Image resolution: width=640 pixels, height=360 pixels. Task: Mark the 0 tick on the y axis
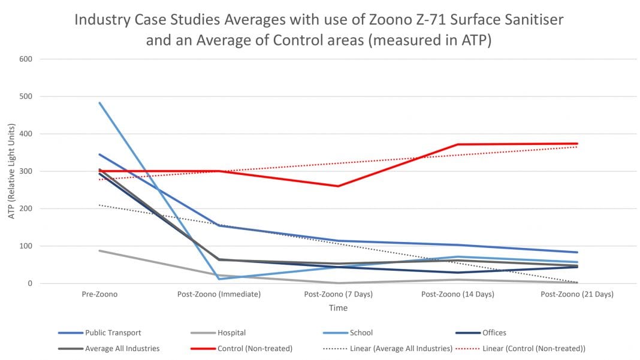pyautogui.click(x=29, y=283)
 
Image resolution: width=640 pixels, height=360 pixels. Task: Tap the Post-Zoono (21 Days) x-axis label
pyautogui.click(x=577, y=295)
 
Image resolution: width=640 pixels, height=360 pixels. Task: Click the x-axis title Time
pyautogui.click(x=337, y=308)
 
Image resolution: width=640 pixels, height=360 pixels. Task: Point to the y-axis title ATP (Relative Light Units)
pyautogui.click(x=12, y=172)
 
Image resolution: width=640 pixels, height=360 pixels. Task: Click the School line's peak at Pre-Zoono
pyautogui.click(x=99, y=102)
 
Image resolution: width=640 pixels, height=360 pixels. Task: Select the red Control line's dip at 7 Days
pyautogui.click(x=338, y=186)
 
